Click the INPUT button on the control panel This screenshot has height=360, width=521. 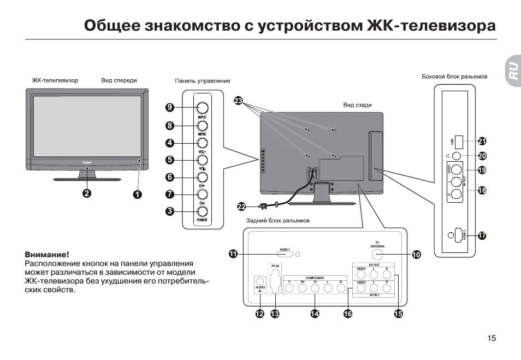point(202,108)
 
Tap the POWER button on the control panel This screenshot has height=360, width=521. point(202,211)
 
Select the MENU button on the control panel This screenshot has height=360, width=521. point(202,125)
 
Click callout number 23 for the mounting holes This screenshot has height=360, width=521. point(238,101)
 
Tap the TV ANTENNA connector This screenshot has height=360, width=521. point(377,254)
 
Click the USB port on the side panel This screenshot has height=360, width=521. point(458,141)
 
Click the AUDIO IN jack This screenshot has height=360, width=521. point(260,283)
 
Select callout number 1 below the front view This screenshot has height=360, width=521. point(137,193)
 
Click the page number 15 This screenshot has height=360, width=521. point(492,338)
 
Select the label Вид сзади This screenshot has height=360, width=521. point(357,105)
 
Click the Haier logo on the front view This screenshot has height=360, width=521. point(87,162)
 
